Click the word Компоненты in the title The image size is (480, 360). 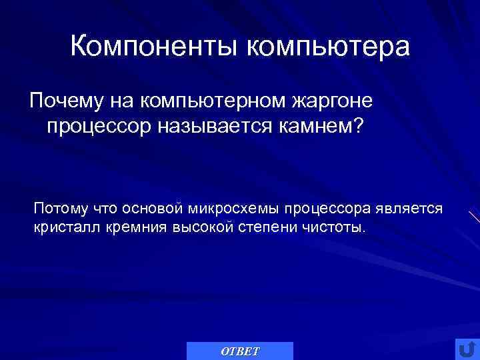pyautogui.click(x=155, y=48)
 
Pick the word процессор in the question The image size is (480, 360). pyautogui.click(x=99, y=126)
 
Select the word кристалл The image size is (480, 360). pyautogui.click(x=63, y=227)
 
